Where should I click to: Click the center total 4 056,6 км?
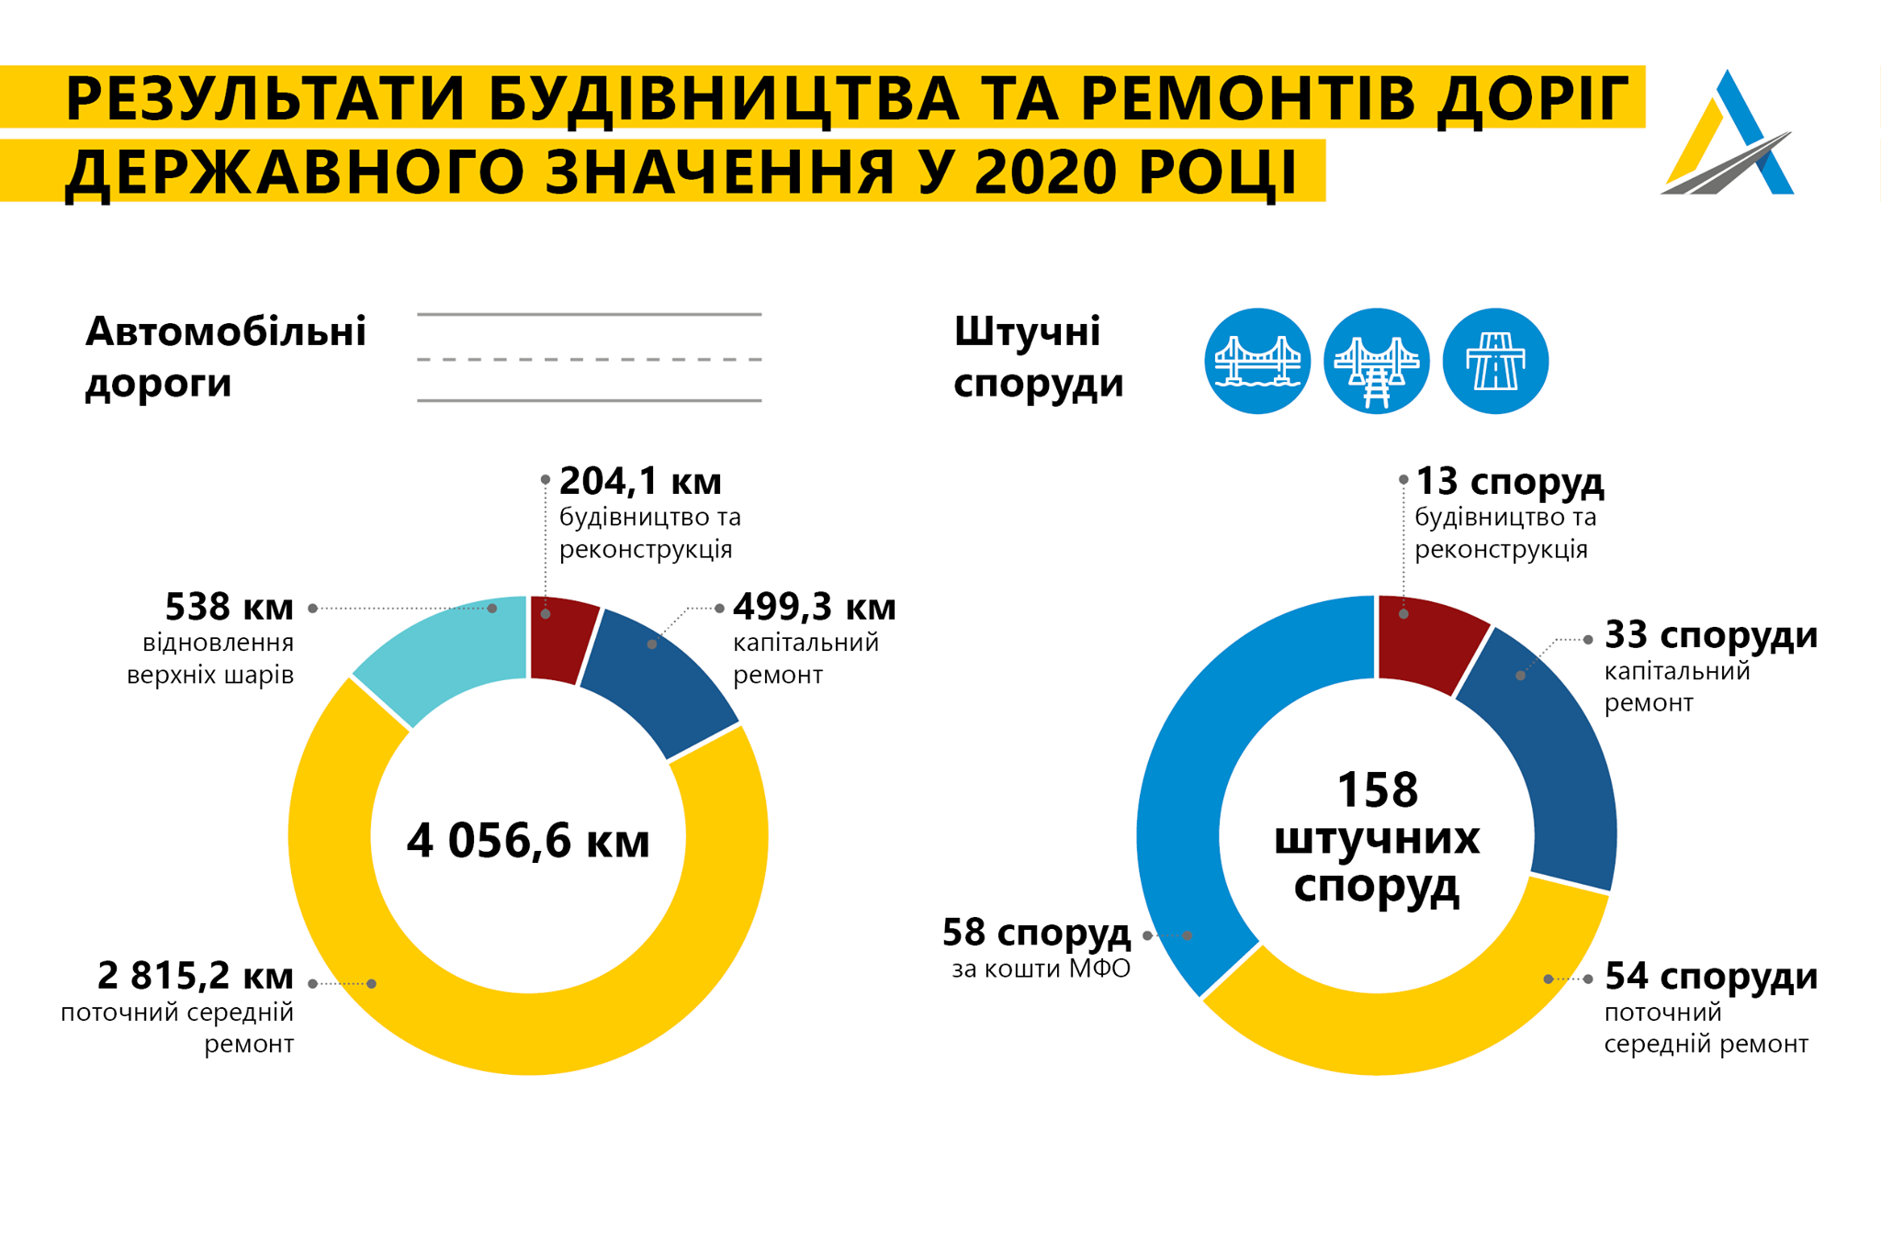pyautogui.click(x=528, y=841)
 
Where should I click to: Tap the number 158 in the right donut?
pyautogui.click(x=1377, y=790)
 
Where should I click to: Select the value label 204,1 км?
pyautogui.click(x=640, y=481)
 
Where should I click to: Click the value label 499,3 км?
pyautogui.click(x=814, y=607)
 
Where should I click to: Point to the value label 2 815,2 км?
pyautogui.click(x=195, y=976)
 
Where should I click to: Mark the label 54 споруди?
pyautogui.click(x=1710, y=976)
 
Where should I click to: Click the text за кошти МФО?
pyautogui.click(x=1041, y=969)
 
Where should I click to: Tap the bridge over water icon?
pyautogui.click(x=1257, y=361)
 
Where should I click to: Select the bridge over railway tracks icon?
pyautogui.click(x=1376, y=361)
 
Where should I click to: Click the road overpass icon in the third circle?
pyautogui.click(x=1495, y=361)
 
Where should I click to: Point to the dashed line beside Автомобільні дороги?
pyautogui.click(x=589, y=359)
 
